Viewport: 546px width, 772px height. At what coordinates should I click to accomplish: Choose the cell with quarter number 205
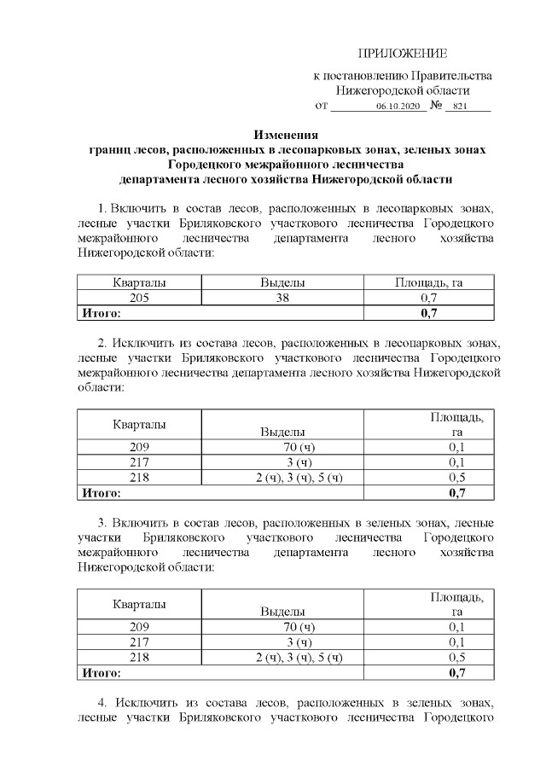pos(139,298)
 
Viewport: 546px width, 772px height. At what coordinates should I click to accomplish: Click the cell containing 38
pos(282,298)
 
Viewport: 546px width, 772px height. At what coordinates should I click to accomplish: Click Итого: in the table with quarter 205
pos(101,313)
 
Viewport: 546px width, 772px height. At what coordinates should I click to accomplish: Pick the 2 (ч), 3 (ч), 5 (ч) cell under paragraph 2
pos(299,477)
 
